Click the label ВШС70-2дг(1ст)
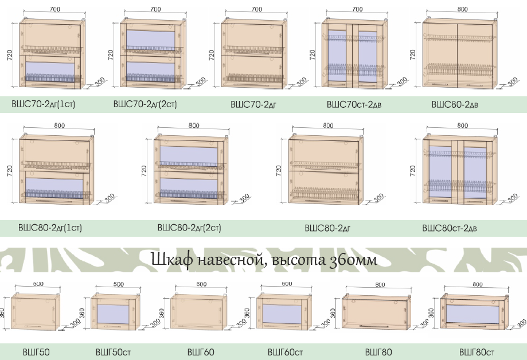tap(43, 104)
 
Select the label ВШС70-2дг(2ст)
tap(145, 104)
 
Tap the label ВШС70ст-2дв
tap(354, 104)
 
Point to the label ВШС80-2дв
tap(455, 104)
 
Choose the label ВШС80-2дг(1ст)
tap(50, 228)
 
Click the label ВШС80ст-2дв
tap(450, 228)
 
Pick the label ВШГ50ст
tap(113, 353)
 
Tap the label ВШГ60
tap(201, 353)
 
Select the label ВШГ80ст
tap(477, 353)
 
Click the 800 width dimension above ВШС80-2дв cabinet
tap(462, 9)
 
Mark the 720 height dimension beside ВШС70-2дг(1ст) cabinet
tap(9, 55)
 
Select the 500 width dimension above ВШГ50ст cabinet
tap(118, 284)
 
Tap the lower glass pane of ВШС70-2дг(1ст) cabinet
tap(50, 71)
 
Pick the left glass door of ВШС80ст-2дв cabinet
tap(440, 173)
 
